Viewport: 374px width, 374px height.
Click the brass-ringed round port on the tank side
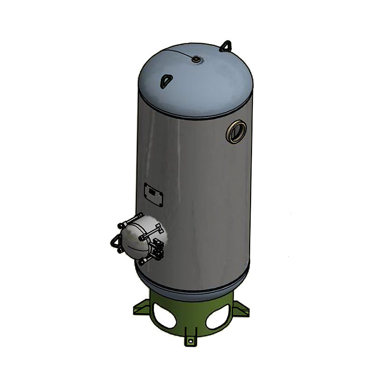[236, 132]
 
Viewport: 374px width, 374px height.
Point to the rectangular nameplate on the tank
[153, 194]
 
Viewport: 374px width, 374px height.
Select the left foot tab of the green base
[140, 309]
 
